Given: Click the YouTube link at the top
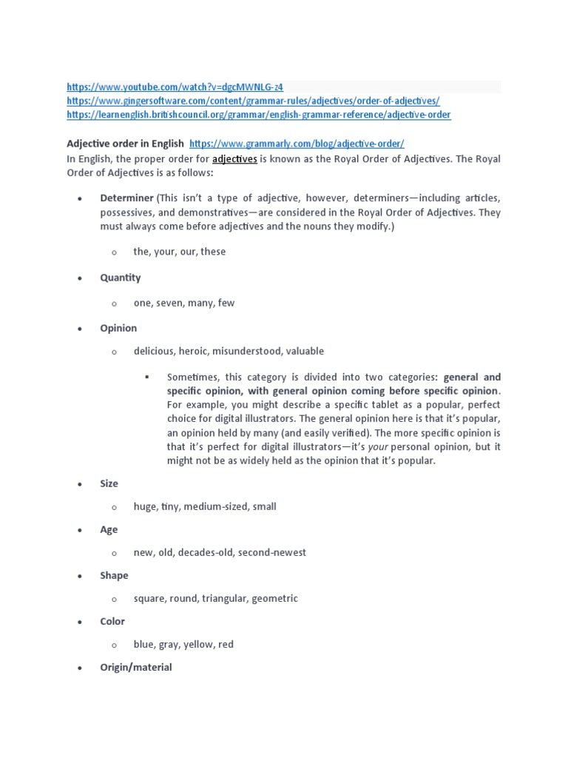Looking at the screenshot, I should tap(175, 87).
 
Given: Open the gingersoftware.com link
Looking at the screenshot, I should tap(253, 101).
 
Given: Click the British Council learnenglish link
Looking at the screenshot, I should tap(258, 115).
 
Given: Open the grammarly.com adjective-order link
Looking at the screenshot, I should tap(297, 144).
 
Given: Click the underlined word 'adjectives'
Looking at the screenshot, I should tap(234, 158).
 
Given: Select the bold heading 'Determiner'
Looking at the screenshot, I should tap(126, 198).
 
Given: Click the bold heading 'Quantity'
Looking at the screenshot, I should tap(120, 278).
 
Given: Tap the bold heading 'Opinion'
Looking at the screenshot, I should tap(118, 328).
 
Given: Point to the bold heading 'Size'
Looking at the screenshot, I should tap(109, 483).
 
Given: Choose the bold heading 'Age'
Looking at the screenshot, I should tap(109, 529).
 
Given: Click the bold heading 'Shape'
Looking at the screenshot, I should tap(114, 575).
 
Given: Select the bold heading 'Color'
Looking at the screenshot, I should tap(112, 621).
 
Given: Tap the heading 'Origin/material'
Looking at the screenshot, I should tap(135, 667).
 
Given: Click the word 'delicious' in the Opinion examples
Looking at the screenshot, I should tap(153, 351).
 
